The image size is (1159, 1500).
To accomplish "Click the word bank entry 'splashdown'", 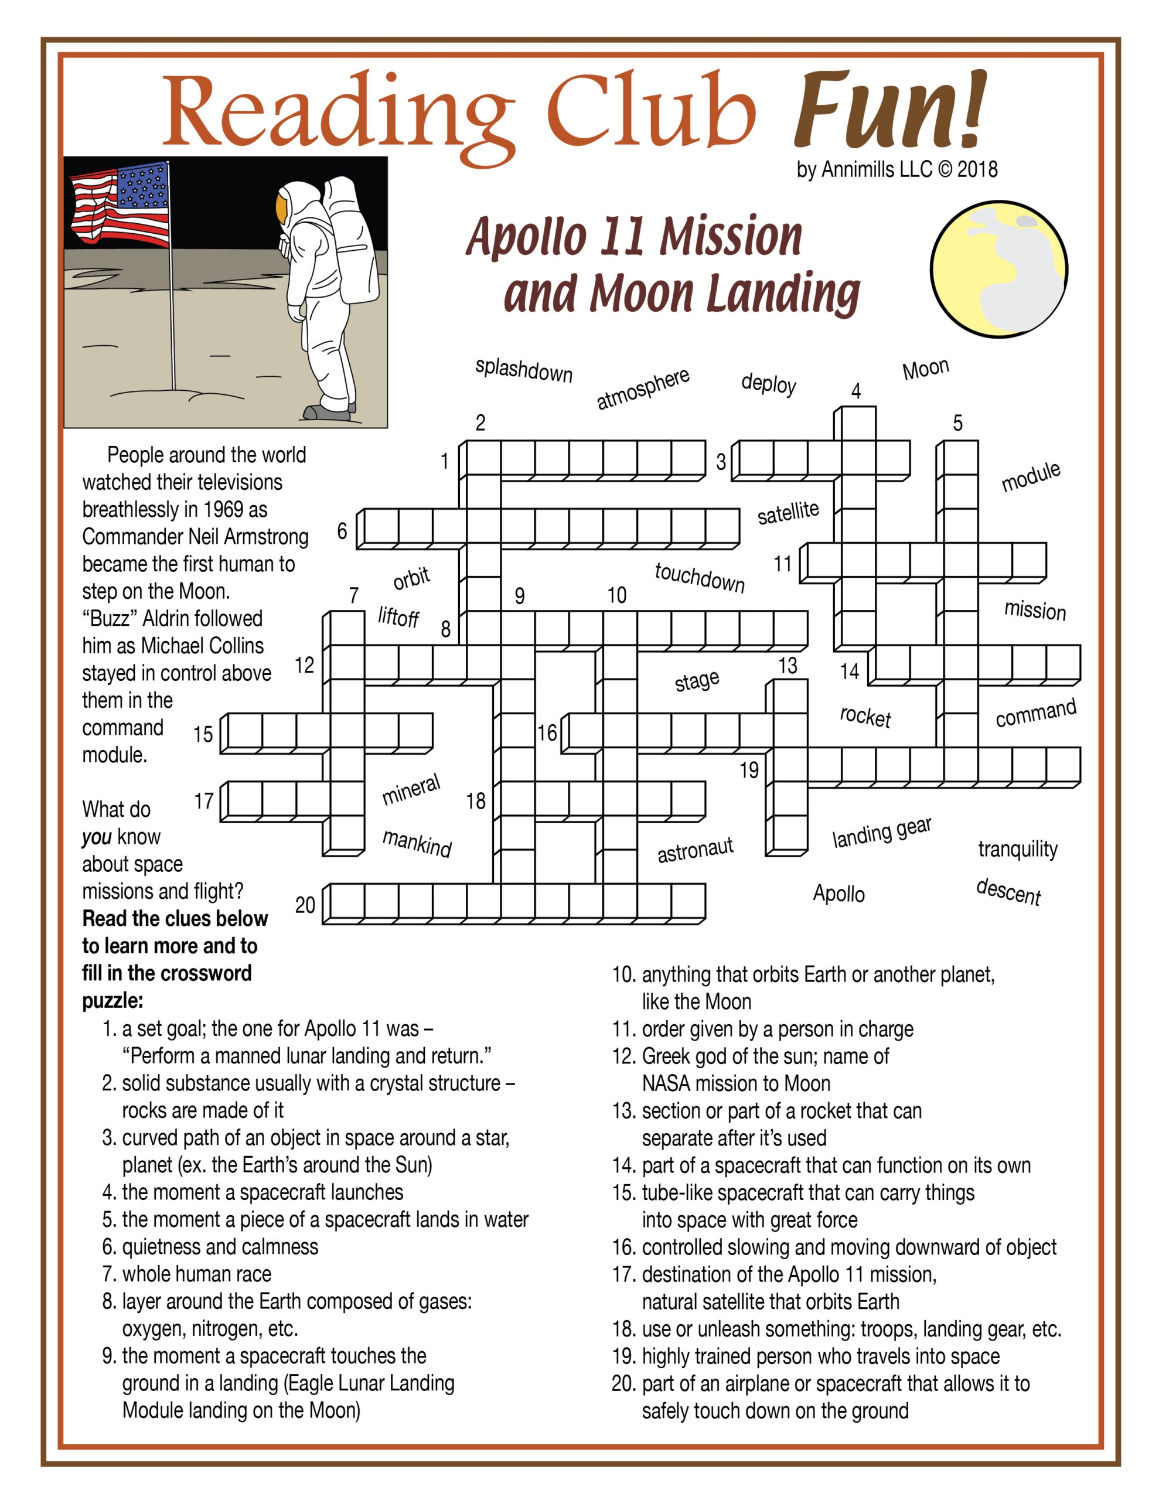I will (x=523, y=370).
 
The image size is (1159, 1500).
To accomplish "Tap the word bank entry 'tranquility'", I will (x=1017, y=849).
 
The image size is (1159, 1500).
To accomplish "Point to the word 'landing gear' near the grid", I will (x=881, y=833).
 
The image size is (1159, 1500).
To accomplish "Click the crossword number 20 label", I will (x=305, y=905).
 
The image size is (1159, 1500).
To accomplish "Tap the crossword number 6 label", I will (x=342, y=530).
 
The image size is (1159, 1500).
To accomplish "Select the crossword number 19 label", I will (x=749, y=770).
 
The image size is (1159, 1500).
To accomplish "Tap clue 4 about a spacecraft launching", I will (x=253, y=1192).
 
